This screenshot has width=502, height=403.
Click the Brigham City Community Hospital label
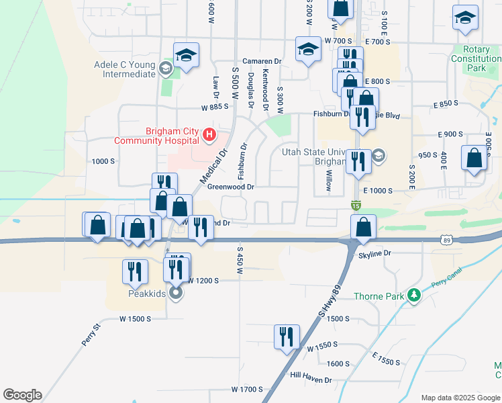157,136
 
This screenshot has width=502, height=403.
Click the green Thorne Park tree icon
415,295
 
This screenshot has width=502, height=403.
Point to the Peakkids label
146,293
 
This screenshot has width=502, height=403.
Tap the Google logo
22,395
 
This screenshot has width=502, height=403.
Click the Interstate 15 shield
356,204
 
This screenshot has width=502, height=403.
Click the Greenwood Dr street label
231,187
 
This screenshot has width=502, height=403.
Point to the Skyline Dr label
374,255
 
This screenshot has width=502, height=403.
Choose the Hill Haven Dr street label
311,379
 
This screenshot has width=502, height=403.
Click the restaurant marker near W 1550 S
287,337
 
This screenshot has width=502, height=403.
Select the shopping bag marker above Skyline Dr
363,228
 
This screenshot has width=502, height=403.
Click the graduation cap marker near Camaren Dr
308,50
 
